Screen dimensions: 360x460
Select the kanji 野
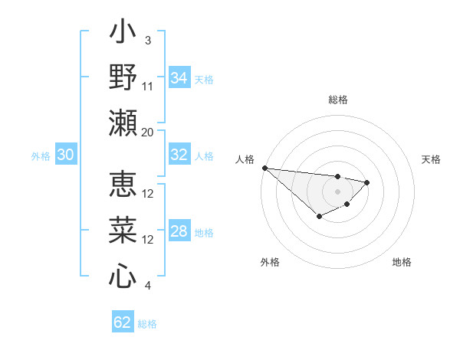coord(123,77)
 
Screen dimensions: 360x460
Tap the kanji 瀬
coord(123,123)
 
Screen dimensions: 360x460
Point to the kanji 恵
coord(123,185)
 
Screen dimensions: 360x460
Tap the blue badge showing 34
coord(179,78)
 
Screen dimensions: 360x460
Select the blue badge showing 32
coord(179,155)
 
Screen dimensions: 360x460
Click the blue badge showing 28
coord(179,232)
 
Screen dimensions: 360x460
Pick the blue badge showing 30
coord(65,155)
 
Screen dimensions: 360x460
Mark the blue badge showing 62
coord(123,322)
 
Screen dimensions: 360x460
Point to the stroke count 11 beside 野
coord(148,86)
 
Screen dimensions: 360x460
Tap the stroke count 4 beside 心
coord(147,286)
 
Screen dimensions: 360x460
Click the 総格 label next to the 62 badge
coord(147,324)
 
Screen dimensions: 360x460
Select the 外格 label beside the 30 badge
coord(41,156)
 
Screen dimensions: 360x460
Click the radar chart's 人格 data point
coord(264,168)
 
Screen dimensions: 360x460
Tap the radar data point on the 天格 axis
coord(367,182)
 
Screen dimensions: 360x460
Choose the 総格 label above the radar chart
coord(337,100)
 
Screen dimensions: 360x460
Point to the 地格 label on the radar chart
coord(402,262)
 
